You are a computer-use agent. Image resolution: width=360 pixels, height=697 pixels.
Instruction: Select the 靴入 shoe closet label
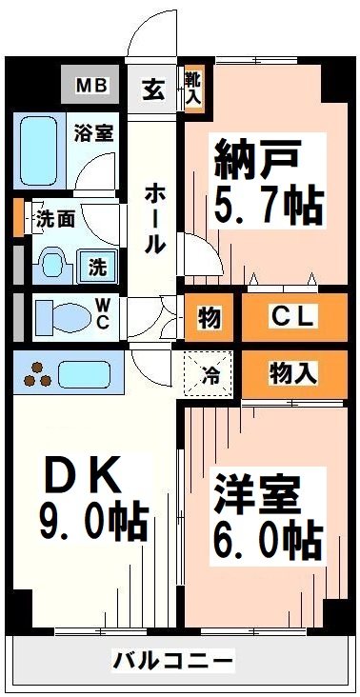pos(193,87)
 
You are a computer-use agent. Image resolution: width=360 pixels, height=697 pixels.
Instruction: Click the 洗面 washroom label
pos(54,218)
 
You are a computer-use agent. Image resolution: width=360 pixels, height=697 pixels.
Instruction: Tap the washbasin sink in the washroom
pos(53,259)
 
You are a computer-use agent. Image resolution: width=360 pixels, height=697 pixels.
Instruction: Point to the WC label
pos(101,316)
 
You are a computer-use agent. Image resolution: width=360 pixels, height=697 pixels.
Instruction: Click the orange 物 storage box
pos(209,318)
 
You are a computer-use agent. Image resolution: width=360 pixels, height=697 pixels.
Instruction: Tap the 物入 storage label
pos(291,371)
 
